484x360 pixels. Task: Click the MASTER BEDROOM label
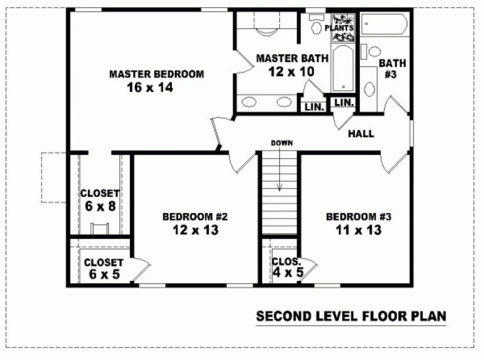(x=157, y=74)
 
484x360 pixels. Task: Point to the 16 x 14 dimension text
(x=150, y=88)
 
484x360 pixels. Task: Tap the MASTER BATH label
(x=292, y=58)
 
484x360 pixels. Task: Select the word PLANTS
(x=339, y=28)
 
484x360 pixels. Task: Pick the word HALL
(x=361, y=133)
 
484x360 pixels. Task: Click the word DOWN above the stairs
(x=282, y=143)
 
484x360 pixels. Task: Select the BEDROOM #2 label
(x=195, y=217)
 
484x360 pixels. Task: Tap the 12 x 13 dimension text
(x=195, y=230)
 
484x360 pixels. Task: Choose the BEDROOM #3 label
(x=358, y=217)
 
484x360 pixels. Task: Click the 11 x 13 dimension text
(x=358, y=230)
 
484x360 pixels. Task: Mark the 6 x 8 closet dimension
(x=100, y=207)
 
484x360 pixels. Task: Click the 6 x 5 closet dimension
(x=104, y=275)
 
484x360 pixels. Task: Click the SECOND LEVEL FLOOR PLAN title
(x=351, y=316)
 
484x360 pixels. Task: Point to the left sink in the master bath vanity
(x=250, y=101)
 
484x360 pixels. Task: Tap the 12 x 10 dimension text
(x=291, y=72)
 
